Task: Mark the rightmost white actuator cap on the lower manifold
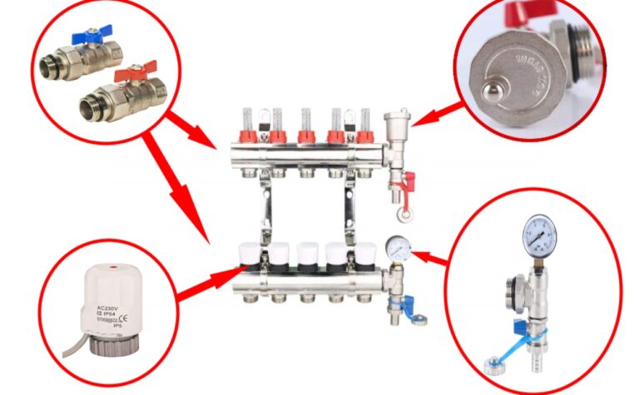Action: point(364,254)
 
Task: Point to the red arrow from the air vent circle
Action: point(438,114)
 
